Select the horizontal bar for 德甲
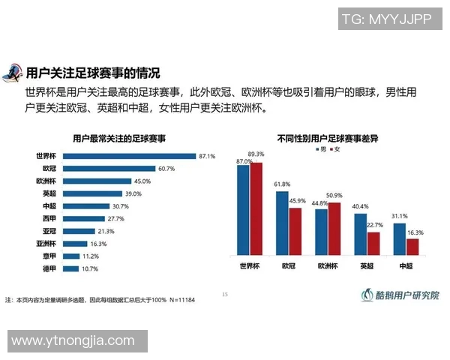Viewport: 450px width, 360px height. (x=71, y=268)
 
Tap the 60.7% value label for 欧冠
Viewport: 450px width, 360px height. (x=166, y=169)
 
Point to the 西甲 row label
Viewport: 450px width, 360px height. (x=49, y=218)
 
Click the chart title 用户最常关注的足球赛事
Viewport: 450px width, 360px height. (x=119, y=139)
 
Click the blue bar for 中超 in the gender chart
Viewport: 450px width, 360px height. (x=400, y=240)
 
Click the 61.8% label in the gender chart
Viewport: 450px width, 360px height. (x=282, y=184)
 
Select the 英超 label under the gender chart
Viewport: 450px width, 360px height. (x=367, y=266)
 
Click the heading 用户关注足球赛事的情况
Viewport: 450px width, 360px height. (x=93, y=73)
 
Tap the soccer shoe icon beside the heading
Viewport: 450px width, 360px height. (x=13, y=73)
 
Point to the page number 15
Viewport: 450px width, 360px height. (x=224, y=293)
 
